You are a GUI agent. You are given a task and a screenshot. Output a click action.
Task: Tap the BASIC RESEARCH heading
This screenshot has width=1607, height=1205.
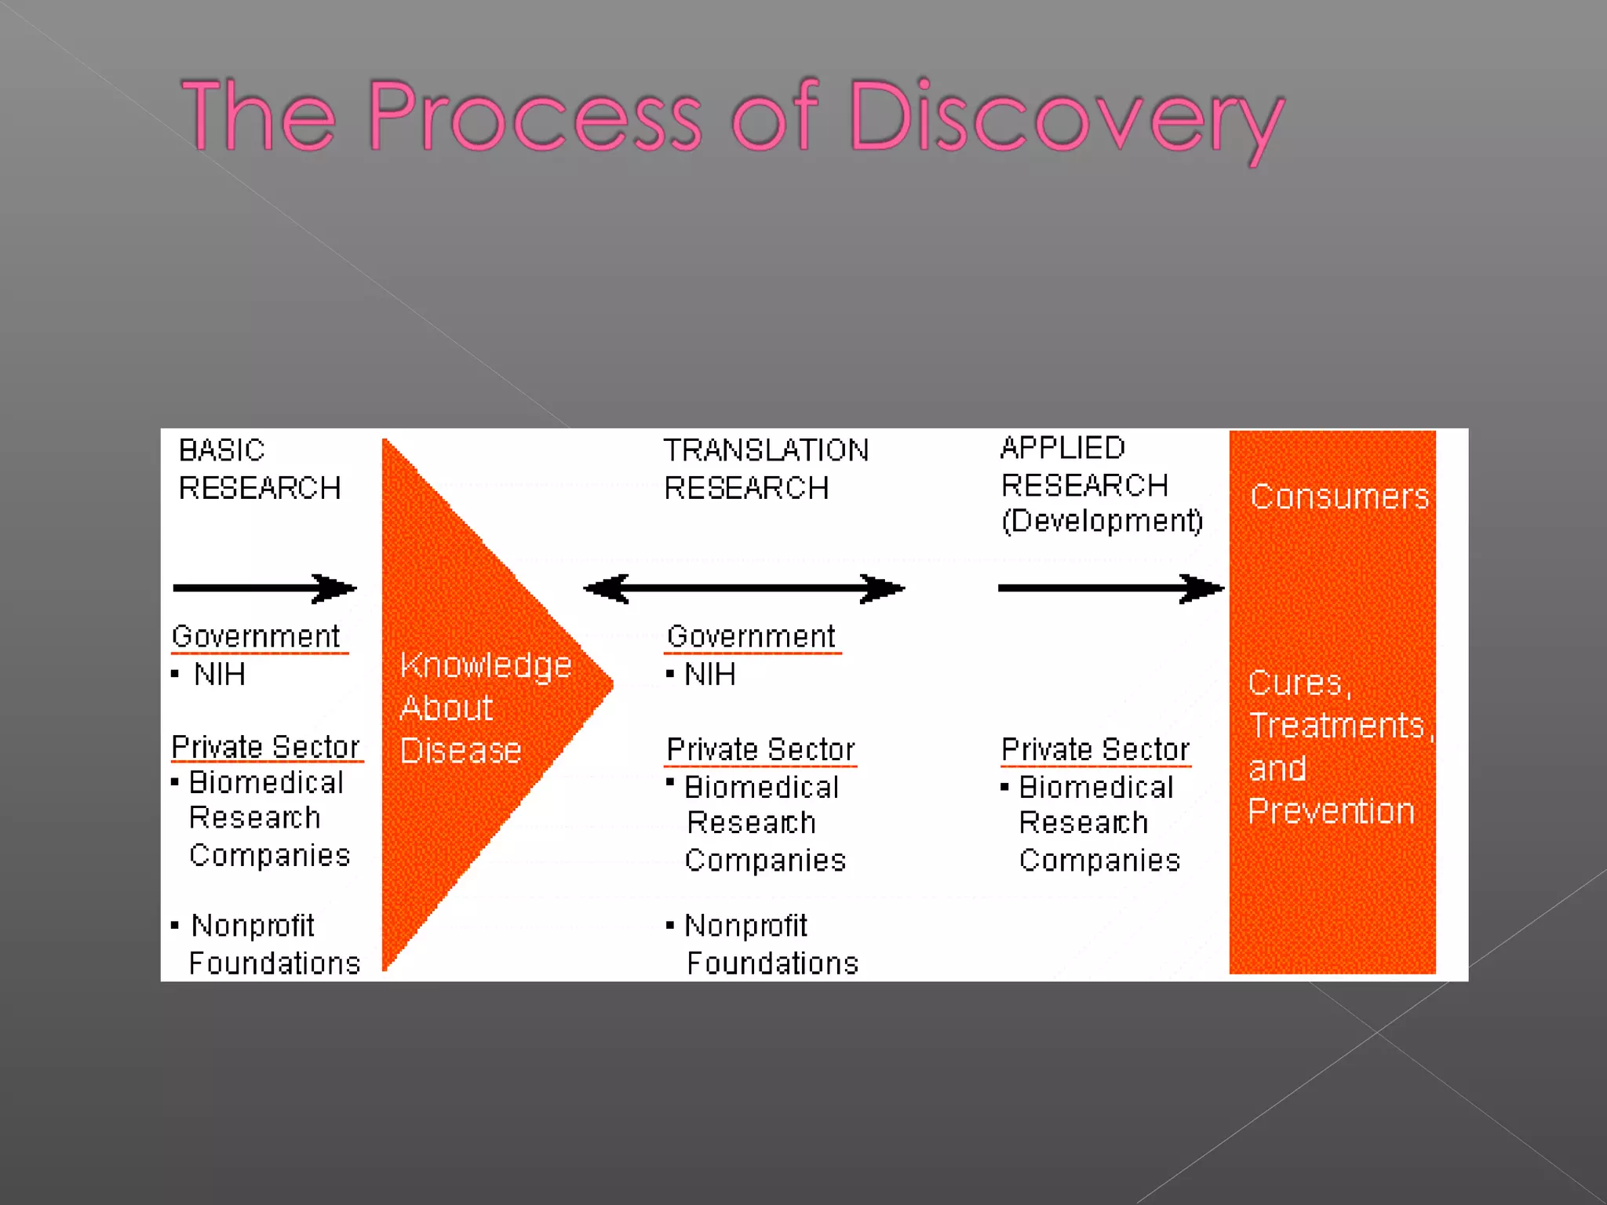coord(259,469)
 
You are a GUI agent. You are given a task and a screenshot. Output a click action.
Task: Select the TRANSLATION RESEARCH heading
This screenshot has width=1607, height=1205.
coord(765,469)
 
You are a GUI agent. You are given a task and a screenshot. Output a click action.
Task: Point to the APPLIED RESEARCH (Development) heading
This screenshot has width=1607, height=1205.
coord(1100,485)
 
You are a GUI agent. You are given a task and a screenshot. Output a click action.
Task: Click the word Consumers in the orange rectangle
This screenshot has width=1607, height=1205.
coord(1339,497)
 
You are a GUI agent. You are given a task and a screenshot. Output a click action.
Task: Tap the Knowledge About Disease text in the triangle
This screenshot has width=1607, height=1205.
coord(484,708)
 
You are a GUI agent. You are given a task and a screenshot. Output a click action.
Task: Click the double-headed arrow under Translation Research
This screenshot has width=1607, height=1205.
coord(744,588)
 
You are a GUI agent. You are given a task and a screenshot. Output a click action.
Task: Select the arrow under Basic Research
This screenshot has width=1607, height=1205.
coord(264,588)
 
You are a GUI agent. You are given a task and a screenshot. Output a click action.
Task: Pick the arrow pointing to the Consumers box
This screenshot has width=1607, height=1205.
coord(1110,588)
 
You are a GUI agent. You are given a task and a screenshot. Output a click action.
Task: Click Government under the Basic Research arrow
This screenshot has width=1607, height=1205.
coord(256,636)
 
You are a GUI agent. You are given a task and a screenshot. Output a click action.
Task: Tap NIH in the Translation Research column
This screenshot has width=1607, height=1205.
coord(709,675)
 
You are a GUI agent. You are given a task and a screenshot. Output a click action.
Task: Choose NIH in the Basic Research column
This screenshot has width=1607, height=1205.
coord(220,675)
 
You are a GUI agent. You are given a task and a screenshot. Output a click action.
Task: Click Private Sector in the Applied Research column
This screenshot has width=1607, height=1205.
coord(1095,749)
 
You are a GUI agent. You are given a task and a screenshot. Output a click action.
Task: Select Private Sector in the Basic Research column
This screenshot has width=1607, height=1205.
coord(265,746)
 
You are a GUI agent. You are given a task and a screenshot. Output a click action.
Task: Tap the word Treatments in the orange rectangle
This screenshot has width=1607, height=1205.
coord(1336,726)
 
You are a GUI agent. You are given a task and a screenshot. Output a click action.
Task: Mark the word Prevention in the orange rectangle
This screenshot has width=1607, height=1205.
coord(1331,811)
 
